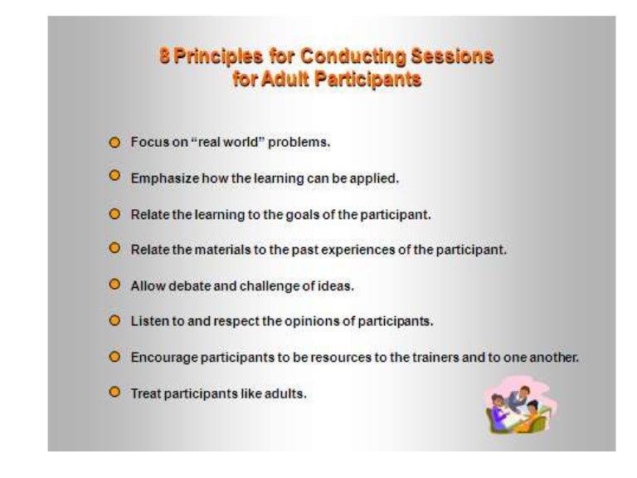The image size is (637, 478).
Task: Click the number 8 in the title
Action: pyautogui.click(x=164, y=57)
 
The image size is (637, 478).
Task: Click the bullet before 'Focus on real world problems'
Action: pyautogui.click(x=115, y=142)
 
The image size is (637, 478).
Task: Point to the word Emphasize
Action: pyautogui.click(x=160, y=178)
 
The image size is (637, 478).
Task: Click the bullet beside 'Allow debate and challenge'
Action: pyautogui.click(x=115, y=285)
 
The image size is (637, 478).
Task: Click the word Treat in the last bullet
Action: pyautogui.click(x=145, y=393)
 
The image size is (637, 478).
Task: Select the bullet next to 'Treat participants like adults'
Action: pyautogui.click(x=115, y=393)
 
